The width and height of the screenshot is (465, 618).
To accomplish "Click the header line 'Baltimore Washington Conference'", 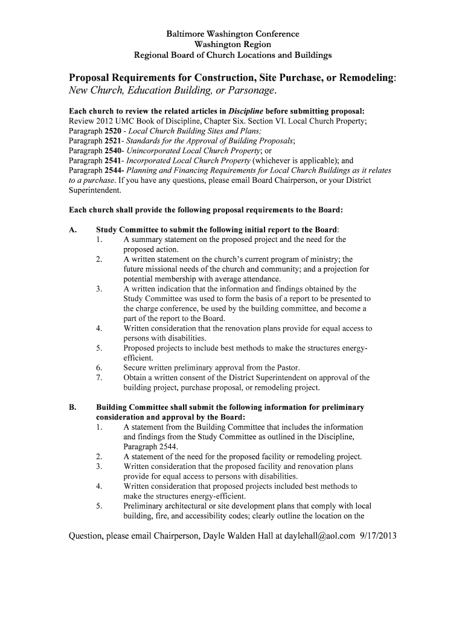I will tap(232, 34).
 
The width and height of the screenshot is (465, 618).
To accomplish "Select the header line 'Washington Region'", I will tap(232, 45).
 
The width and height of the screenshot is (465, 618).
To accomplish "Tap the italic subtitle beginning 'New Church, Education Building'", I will tap(173, 91).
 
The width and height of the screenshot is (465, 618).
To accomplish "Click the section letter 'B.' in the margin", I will tap(73, 407).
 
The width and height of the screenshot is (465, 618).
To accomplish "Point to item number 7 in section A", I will tap(98, 378).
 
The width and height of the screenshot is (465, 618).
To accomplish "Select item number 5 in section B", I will tap(98, 506).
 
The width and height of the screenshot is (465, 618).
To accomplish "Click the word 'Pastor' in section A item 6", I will tap(285, 368).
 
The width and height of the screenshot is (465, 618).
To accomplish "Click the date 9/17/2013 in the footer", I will tap(378, 536).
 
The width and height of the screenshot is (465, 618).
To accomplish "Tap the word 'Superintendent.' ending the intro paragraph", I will tap(95, 190).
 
